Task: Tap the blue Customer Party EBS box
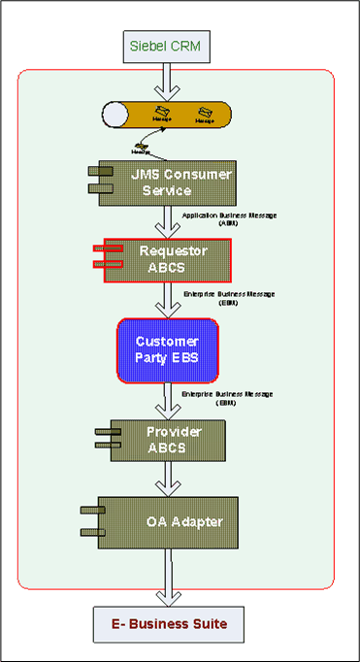(x=168, y=350)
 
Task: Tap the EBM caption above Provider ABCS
(x=230, y=399)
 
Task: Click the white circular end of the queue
(x=116, y=115)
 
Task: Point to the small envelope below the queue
(x=143, y=148)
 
